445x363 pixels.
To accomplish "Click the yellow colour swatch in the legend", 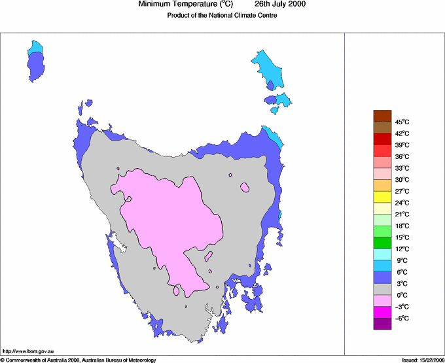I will click(x=382, y=197).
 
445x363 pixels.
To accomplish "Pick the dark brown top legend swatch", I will click(x=382, y=116).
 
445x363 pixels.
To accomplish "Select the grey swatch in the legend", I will click(x=382, y=289).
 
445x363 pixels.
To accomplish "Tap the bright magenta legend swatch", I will click(x=382, y=313).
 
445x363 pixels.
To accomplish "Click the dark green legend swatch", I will click(x=382, y=243).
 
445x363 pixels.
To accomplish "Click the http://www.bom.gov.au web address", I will click(x=29, y=352).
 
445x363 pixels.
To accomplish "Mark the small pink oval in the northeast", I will click(x=245, y=188).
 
